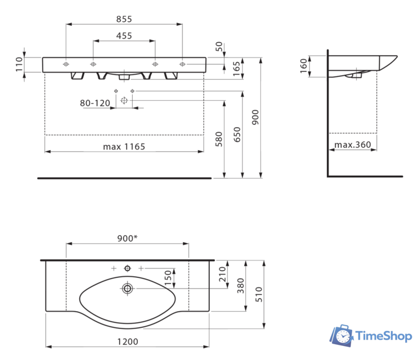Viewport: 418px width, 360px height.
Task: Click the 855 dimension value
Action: (124, 19)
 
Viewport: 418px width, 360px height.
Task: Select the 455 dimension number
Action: (124, 35)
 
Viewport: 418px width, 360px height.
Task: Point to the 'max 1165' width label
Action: (124, 147)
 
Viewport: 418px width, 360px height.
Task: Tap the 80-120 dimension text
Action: (94, 103)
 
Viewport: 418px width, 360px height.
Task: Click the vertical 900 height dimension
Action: (255, 116)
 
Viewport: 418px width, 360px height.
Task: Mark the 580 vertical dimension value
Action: (219, 138)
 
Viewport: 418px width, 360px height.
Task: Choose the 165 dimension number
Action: (236, 67)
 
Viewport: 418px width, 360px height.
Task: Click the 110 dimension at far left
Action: (19, 64)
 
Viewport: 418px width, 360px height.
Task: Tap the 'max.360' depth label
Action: (353, 145)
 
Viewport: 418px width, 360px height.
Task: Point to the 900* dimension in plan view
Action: (127, 238)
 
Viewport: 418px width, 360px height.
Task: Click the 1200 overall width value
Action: (127, 341)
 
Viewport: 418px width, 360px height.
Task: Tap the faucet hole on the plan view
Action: (127, 268)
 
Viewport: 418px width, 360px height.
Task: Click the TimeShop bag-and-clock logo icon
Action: (341, 336)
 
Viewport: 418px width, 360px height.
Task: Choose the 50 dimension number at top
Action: (218, 46)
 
